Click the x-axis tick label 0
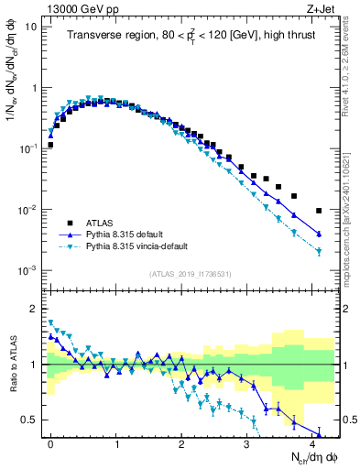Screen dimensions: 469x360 coord(51,444)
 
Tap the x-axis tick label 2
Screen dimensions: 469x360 coord(182,444)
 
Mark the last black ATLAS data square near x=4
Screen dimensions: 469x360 coord(319,211)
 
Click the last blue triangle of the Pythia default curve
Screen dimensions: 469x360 coord(319,234)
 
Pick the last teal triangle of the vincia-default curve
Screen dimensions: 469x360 coord(319,252)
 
